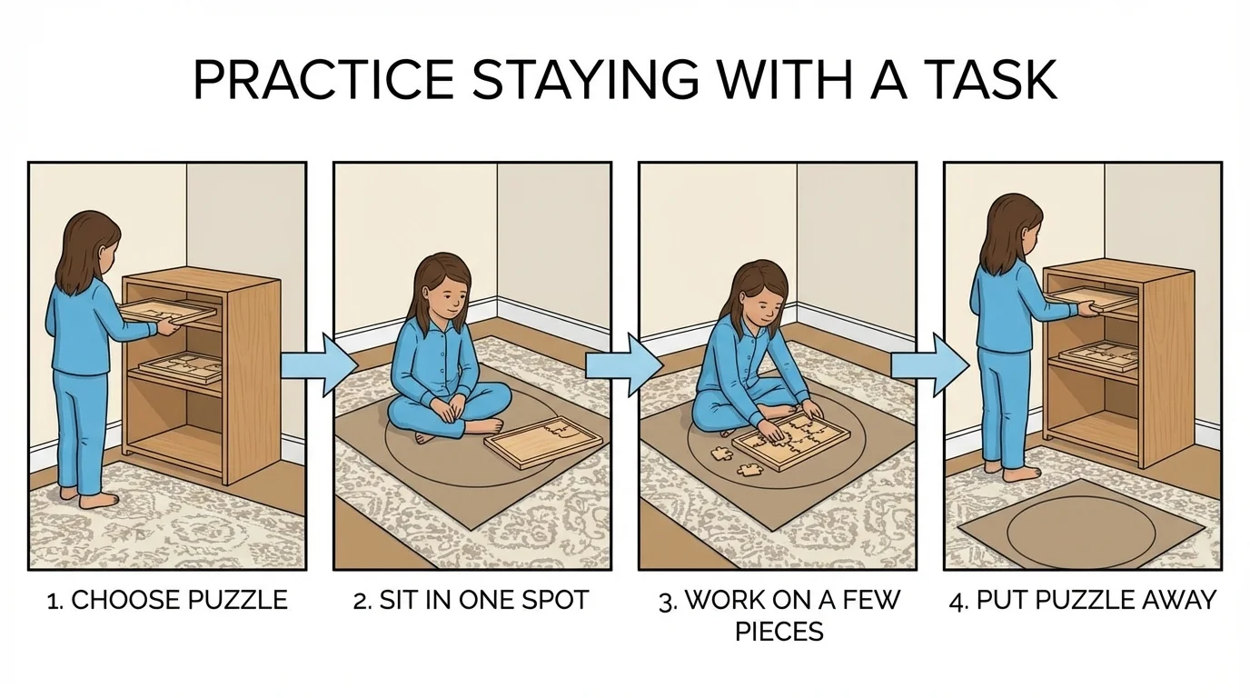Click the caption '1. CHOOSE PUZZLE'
[x=166, y=601]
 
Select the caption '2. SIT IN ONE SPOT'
[x=471, y=601]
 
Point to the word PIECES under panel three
[x=779, y=632]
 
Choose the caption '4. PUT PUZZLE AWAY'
[x=1082, y=601]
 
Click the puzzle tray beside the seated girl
[x=544, y=443]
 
